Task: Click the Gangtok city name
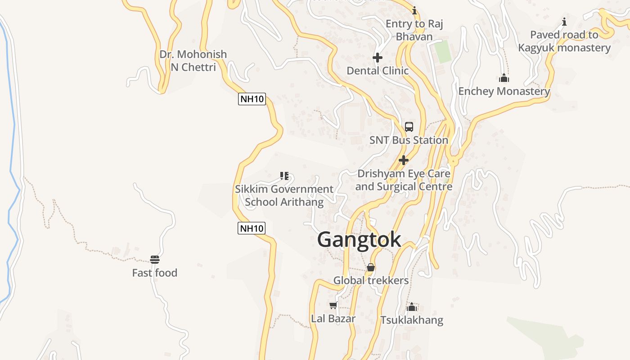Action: [359, 239]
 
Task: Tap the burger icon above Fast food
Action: [155, 260]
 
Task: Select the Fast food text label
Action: [154, 273]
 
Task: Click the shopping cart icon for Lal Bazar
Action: [333, 306]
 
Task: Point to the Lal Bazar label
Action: [333, 319]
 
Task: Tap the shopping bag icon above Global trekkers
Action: [371, 268]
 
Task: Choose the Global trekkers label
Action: [371, 280]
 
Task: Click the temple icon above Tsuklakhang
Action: [411, 307]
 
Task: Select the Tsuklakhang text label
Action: [411, 320]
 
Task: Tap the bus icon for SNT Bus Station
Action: [409, 127]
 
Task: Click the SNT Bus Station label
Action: [409, 140]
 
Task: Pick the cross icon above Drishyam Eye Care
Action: [404, 160]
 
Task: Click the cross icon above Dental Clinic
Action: [378, 58]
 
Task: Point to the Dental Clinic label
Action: [378, 71]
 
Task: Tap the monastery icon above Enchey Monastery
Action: [504, 78]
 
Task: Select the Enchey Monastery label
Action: [504, 91]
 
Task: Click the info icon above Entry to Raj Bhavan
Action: [414, 10]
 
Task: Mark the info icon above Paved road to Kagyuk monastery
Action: [564, 22]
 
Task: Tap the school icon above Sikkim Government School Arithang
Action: [284, 176]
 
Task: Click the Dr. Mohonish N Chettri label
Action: [193, 61]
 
